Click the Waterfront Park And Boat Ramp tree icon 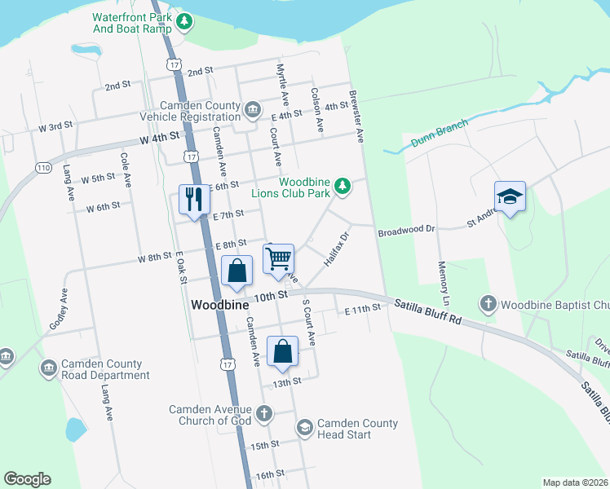185,21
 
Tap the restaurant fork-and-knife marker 194,200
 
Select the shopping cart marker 279,259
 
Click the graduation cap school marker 510,196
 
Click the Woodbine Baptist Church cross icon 488,305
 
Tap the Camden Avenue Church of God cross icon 263,414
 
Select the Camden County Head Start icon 304,428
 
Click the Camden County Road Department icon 48,369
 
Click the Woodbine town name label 218,305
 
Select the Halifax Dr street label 336,247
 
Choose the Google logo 27,479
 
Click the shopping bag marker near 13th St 282,351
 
